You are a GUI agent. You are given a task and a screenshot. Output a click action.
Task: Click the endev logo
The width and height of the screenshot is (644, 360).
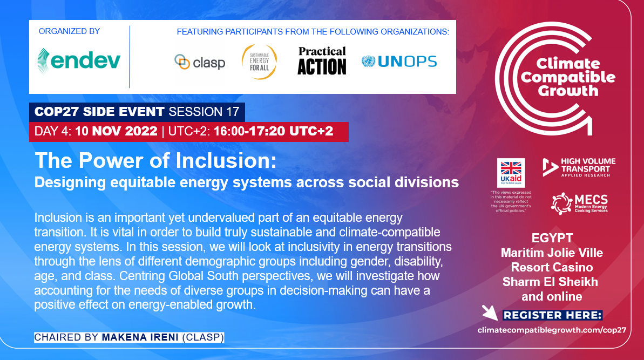79,61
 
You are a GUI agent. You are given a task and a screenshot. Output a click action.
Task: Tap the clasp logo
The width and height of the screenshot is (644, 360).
200,63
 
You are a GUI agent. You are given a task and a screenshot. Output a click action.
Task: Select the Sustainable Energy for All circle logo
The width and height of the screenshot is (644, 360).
259,62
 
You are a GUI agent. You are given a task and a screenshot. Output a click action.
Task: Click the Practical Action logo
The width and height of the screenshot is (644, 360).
322,61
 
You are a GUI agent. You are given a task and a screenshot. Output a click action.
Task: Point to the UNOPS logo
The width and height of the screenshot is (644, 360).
399,62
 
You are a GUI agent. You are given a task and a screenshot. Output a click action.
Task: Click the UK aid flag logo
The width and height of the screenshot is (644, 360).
511,173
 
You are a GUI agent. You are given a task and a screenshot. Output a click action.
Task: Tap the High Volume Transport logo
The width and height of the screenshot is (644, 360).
579,167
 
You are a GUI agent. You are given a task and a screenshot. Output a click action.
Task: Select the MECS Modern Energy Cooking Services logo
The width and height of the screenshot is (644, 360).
580,203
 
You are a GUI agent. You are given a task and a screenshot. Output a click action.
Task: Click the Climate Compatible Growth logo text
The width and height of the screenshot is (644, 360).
568,77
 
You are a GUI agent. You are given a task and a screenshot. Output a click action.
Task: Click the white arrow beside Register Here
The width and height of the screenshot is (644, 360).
490,313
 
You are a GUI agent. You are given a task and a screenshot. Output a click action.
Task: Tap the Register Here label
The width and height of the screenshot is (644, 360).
552,315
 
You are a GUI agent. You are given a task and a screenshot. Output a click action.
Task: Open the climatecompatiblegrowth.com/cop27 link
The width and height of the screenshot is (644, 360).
552,330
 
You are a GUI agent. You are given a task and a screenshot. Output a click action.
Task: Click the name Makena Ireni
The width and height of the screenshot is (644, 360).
140,337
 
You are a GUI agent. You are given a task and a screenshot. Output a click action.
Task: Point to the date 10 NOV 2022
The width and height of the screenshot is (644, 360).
116,131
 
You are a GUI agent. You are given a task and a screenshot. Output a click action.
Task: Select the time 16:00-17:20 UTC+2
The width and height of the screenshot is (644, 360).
274,131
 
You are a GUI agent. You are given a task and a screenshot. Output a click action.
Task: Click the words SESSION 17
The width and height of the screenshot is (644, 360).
204,112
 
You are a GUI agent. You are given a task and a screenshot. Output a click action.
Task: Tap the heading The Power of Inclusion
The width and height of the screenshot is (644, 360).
155,160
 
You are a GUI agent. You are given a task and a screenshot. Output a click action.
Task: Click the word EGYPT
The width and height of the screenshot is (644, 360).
552,238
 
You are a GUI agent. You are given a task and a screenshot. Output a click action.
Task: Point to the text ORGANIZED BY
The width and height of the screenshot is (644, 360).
70,31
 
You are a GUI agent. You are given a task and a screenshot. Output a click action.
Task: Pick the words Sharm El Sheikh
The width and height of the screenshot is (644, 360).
551,282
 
